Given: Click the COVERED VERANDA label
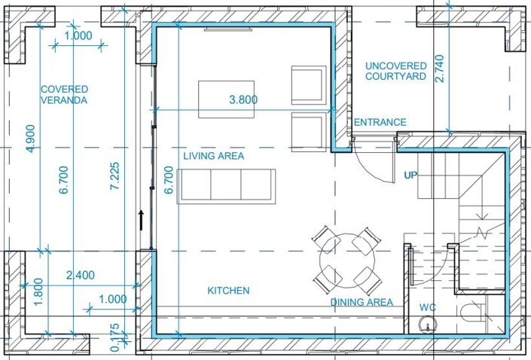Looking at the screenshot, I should pos(64,94).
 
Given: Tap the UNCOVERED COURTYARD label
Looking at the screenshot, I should pos(395,71).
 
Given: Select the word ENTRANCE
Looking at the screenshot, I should pos(380,122).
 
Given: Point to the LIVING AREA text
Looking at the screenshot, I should pos(214,156).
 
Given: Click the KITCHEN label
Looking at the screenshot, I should pos(228,290).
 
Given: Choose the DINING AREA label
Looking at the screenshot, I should pos(362,302).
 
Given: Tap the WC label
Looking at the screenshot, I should pos(429,307).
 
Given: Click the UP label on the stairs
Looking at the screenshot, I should pos(411,175).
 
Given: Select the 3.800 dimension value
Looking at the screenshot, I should pos(243,99).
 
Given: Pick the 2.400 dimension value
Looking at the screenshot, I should pos(80,275).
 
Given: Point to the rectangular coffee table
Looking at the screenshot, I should pos(226,99).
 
